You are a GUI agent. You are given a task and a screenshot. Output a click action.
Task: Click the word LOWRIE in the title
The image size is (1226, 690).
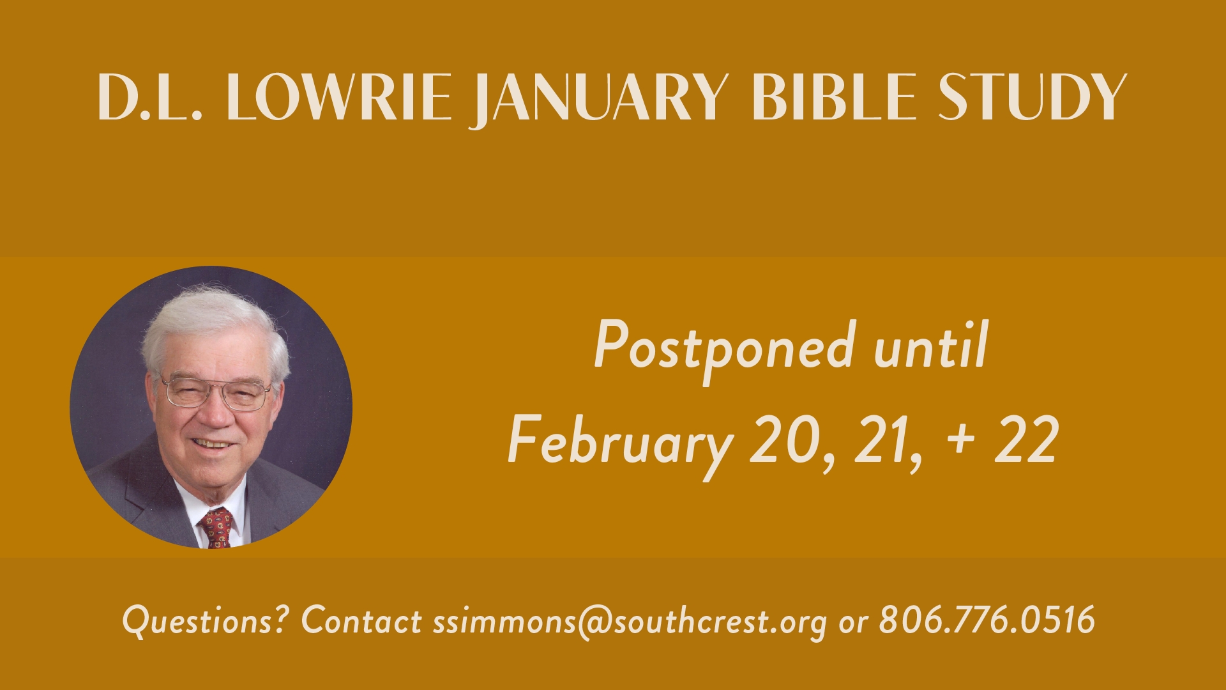338,96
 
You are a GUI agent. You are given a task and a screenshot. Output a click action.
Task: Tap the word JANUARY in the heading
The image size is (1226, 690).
601,100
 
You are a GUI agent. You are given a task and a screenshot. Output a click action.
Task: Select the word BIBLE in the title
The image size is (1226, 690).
834,96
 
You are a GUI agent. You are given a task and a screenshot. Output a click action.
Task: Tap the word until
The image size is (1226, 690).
931,344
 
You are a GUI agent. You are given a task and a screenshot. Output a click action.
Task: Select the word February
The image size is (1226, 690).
620,443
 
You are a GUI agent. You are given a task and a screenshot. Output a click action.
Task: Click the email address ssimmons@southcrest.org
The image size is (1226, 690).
630,622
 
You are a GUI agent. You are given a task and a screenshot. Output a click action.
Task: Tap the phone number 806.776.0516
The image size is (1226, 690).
987,618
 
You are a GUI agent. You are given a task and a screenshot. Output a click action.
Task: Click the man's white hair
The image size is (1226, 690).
214,329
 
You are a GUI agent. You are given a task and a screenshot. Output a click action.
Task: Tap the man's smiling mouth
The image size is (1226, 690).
213,443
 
